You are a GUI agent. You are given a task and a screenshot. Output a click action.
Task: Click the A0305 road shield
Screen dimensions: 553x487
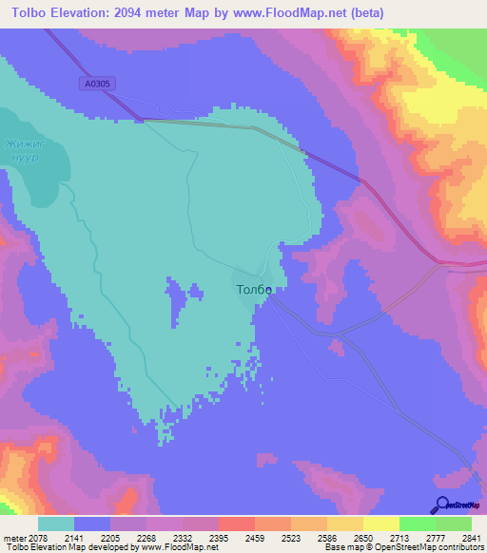(97, 85)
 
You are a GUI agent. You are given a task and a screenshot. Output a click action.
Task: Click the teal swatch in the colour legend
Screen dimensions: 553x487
(55, 524)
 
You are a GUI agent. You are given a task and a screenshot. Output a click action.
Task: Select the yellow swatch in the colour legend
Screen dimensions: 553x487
(380, 524)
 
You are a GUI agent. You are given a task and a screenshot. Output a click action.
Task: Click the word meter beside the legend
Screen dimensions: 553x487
(13, 538)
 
